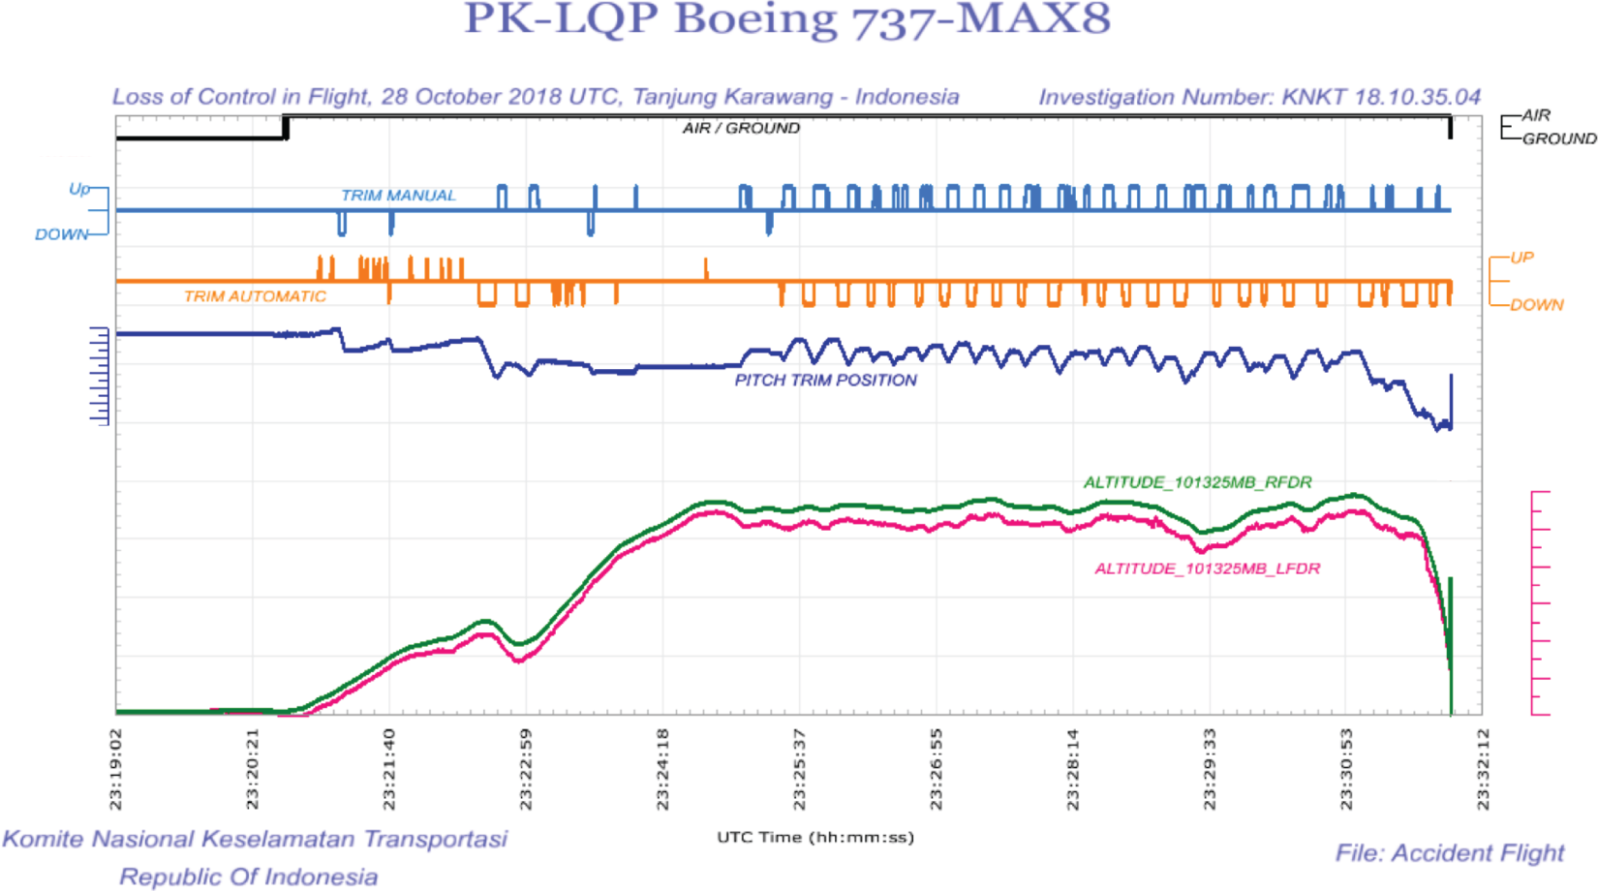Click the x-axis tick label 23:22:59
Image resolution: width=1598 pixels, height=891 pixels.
[526, 769]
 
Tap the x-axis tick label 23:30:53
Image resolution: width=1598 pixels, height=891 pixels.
[1346, 769]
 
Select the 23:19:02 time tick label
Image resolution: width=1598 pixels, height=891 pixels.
[116, 769]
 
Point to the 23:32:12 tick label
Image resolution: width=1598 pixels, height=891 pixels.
[1483, 769]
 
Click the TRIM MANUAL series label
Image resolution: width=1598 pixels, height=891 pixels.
[398, 196]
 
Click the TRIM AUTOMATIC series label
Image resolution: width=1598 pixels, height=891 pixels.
[255, 296]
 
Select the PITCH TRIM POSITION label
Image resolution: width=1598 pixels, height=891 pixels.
[825, 381]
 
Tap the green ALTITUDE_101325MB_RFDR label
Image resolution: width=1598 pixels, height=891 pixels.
[1197, 482]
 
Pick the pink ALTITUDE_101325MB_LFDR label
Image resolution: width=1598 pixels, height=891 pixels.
[1207, 568]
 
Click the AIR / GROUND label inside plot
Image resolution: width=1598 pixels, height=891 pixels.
[741, 128]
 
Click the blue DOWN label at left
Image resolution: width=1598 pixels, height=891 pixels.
[61, 234]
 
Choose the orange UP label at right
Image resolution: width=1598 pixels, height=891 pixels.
[1521, 258]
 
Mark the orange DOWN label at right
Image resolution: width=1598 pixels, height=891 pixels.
[1536, 305]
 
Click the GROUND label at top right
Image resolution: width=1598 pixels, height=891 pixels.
[1558, 138]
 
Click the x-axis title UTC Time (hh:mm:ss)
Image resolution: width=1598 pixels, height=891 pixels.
[815, 837]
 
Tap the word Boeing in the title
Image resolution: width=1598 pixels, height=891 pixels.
[755, 19]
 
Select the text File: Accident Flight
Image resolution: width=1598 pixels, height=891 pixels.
[1449, 853]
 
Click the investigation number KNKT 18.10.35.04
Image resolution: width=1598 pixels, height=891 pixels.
[1381, 97]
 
